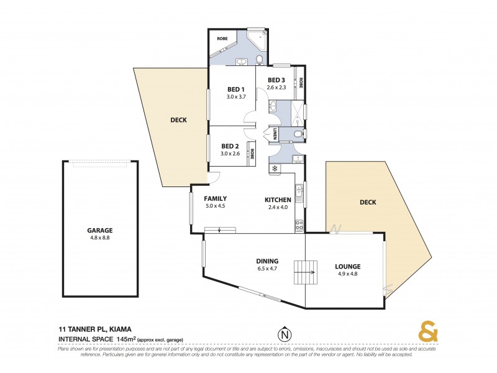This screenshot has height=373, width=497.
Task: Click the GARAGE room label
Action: click(x=99, y=229)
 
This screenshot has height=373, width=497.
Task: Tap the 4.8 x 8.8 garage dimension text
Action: click(x=99, y=237)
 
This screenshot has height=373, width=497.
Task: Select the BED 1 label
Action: click(x=236, y=89)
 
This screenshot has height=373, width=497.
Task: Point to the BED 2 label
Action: click(x=231, y=145)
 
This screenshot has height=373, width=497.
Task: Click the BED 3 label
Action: click(x=276, y=80)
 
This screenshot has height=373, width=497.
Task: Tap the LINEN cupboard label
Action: click(x=274, y=134)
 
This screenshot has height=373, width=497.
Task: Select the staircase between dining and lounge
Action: click(x=304, y=272)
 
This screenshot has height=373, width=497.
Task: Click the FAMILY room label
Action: click(x=216, y=198)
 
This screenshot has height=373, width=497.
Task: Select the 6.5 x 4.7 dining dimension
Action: click(x=267, y=269)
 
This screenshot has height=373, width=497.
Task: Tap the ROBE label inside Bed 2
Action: click(x=252, y=152)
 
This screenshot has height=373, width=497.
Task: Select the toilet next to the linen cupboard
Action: click(x=297, y=134)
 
